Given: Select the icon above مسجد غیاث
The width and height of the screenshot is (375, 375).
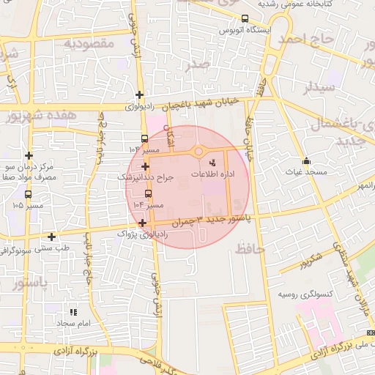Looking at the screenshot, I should point(306,162).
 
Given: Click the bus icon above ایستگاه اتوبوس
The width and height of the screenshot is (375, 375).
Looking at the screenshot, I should point(245,19).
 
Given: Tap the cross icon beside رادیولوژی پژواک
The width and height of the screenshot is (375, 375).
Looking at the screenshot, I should point(141,223).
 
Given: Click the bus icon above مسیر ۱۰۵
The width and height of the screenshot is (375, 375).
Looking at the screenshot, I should point(28,195).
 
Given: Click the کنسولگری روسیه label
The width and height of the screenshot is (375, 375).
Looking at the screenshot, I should point(302,294).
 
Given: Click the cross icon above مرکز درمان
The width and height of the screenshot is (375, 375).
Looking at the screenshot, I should point(29,155).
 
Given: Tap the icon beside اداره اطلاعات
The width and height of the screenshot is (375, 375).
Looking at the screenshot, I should point(212,163).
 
